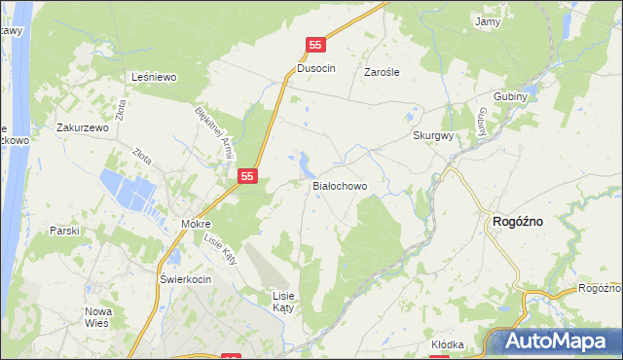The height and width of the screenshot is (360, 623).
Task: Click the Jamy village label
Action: (x=486, y=20)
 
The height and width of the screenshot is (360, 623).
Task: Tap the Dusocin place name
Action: (x=316, y=71)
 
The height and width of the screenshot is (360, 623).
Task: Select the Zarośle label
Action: (x=383, y=72)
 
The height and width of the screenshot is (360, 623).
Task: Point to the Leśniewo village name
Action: (x=153, y=76)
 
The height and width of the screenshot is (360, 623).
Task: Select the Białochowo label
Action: (x=339, y=185)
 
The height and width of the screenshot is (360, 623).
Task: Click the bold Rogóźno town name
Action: (x=519, y=221)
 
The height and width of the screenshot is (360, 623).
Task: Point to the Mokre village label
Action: (x=196, y=224)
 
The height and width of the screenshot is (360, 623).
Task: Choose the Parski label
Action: (x=64, y=231)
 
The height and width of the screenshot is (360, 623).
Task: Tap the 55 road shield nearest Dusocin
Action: (x=315, y=45)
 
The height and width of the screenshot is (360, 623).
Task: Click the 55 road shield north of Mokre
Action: (x=248, y=176)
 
